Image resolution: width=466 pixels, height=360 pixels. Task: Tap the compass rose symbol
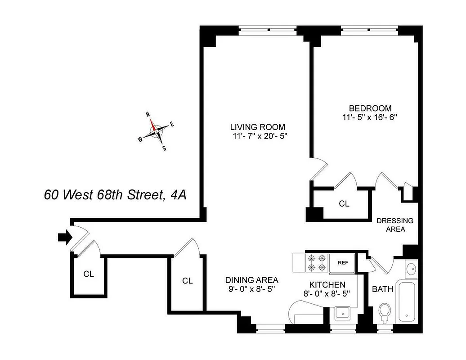coord(156,130)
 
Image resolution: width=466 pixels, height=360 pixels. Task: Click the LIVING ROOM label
coord(257,127)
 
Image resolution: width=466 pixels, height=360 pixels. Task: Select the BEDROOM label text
coord(370,108)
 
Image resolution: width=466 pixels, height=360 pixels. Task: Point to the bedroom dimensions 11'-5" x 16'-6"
coord(370,118)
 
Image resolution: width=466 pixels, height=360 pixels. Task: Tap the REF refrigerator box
coord(342,263)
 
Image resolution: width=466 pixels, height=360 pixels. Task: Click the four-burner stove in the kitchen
coord(316,263)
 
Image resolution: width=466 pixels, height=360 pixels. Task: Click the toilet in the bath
coord(384,312)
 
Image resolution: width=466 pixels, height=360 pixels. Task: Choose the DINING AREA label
coord(251,279)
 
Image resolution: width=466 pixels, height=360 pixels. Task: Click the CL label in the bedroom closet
coord(344,204)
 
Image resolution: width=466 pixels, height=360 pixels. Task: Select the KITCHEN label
coord(327,284)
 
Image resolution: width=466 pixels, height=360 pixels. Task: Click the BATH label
coord(382,289)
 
